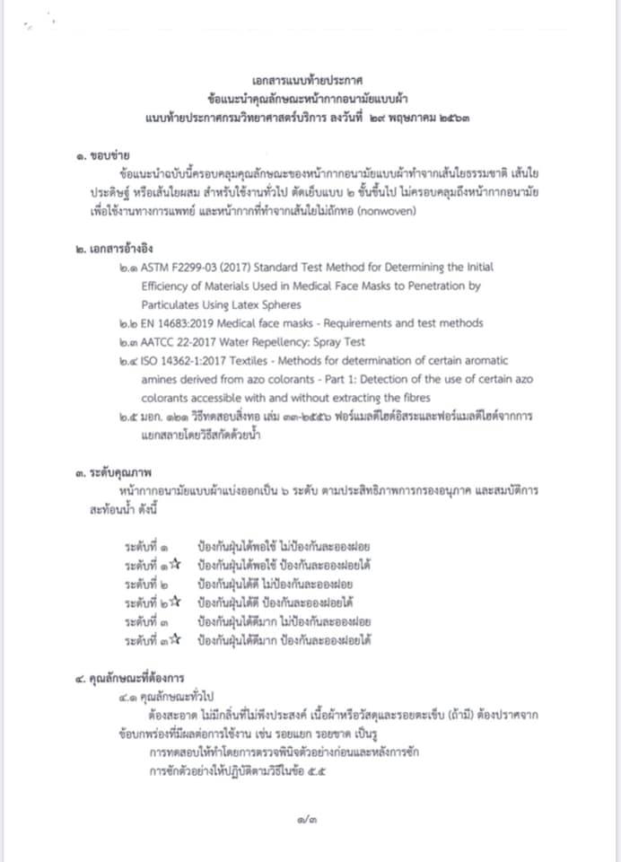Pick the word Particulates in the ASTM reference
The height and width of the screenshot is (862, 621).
point(174,305)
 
